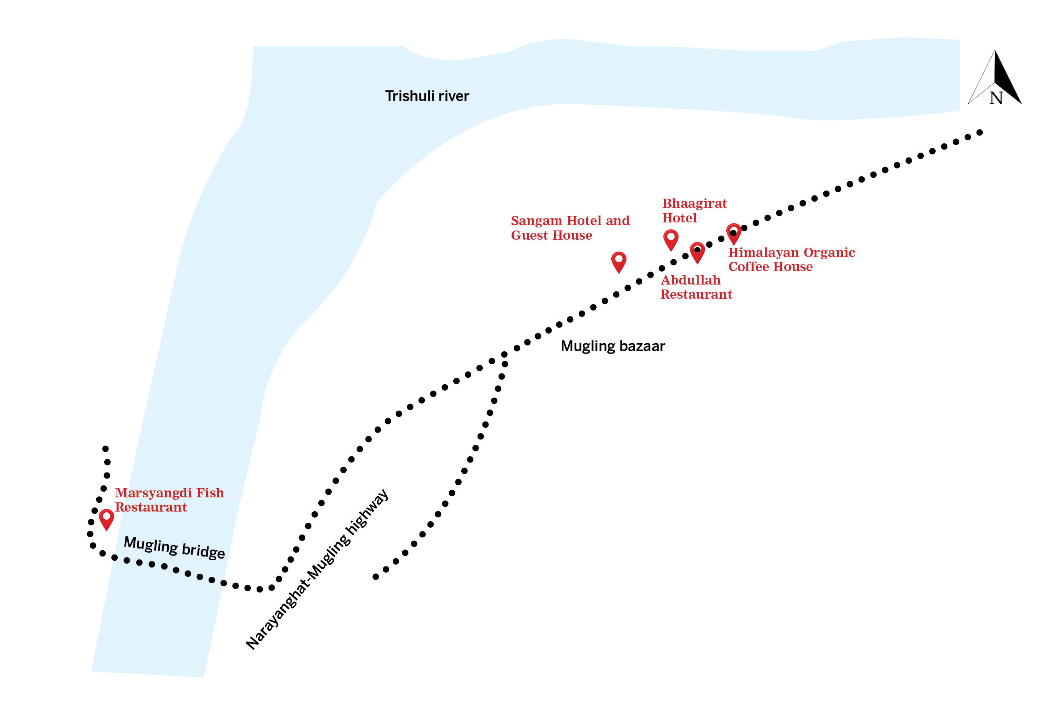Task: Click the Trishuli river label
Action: (x=427, y=95)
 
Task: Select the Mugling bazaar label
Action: (x=613, y=346)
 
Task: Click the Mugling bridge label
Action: (x=174, y=547)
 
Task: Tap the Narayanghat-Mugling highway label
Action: (x=317, y=569)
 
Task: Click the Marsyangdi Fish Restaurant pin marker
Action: (x=106, y=518)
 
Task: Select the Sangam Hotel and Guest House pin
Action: (x=619, y=261)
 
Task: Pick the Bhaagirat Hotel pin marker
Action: (x=671, y=239)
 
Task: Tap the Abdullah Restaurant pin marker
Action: (x=697, y=252)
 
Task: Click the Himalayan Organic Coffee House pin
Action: (x=734, y=233)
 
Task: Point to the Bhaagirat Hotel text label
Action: (x=694, y=211)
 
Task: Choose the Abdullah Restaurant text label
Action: (x=696, y=287)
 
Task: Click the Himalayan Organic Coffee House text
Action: (x=791, y=259)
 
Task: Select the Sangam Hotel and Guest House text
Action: (x=570, y=228)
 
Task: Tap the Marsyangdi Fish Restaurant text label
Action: (x=169, y=500)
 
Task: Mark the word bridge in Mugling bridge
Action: (x=203, y=551)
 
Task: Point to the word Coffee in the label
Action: (x=749, y=267)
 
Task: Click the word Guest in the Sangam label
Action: (x=529, y=235)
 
